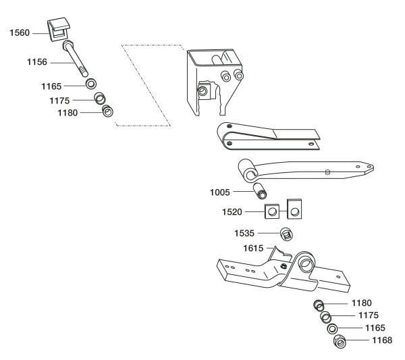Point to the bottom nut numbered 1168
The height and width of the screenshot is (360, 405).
pos(341,341)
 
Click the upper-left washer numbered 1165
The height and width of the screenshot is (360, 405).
pos(90,86)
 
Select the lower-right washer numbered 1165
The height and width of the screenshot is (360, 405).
pos(332,329)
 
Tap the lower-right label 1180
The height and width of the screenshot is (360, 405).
pos(361,303)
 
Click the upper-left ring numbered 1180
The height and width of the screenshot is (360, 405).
pos(107,111)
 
